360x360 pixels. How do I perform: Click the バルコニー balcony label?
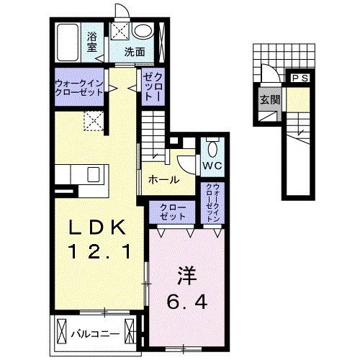(90, 333)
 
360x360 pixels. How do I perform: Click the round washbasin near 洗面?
(143, 31)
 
